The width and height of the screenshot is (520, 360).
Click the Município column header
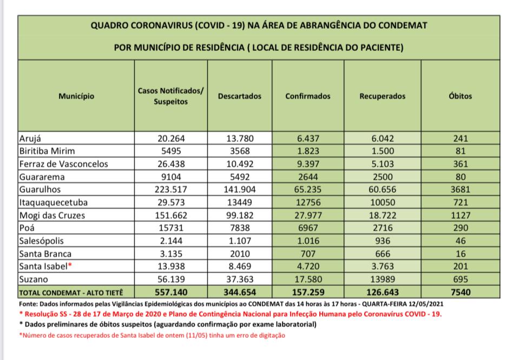76,96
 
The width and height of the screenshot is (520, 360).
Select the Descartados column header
239,96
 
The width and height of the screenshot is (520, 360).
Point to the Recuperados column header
382,96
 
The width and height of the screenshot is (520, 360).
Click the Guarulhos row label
40,190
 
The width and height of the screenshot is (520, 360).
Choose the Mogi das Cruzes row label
51,215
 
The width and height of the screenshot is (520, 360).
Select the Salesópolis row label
42,240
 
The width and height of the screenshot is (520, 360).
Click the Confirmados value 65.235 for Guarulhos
307,190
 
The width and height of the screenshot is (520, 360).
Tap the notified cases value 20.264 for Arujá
171,138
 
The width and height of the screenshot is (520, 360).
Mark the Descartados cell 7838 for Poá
239,228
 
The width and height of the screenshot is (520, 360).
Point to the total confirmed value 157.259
307,292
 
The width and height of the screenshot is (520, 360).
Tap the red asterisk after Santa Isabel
70,265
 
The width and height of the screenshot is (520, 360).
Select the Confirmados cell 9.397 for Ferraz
307,164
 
